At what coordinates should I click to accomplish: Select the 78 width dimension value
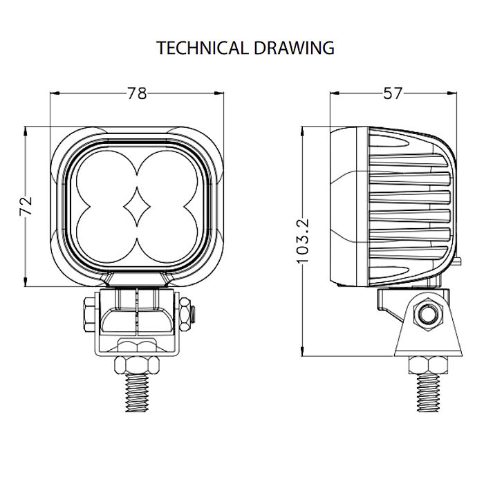[137, 93]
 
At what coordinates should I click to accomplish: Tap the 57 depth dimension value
[392, 93]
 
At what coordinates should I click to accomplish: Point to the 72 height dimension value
[26, 205]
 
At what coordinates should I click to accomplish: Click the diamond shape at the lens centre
[137, 206]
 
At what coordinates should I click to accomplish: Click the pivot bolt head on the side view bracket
[426, 315]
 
